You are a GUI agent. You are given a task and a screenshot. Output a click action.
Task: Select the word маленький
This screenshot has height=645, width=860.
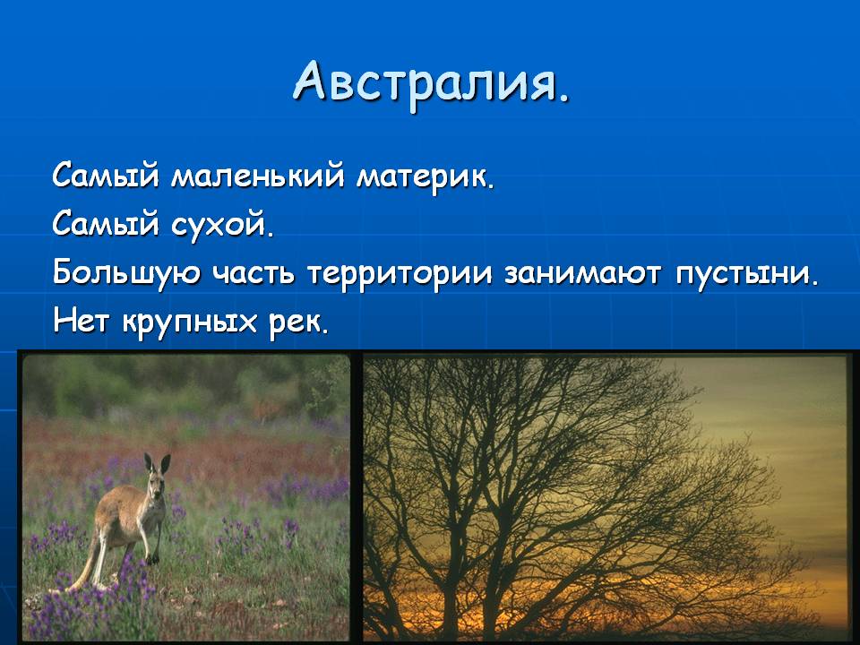point(258,176)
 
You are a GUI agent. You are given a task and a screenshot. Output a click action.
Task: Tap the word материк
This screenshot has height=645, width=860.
point(425,177)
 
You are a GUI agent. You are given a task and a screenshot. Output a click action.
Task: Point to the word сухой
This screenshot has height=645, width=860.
point(222,224)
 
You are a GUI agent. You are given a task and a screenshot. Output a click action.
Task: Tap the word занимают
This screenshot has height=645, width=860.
point(582,273)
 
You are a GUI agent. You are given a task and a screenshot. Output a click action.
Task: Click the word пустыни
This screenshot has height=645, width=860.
point(746,273)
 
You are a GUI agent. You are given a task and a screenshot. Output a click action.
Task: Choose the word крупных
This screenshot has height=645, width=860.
point(189,322)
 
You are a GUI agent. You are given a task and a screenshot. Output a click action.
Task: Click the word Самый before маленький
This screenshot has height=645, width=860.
point(106,176)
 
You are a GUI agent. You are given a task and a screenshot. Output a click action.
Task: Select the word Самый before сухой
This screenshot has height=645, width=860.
point(106,224)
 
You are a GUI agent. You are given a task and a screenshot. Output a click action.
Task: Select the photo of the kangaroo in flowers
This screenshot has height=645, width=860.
point(186,497)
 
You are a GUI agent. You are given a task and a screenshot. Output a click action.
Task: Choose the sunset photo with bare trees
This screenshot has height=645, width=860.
point(606,498)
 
